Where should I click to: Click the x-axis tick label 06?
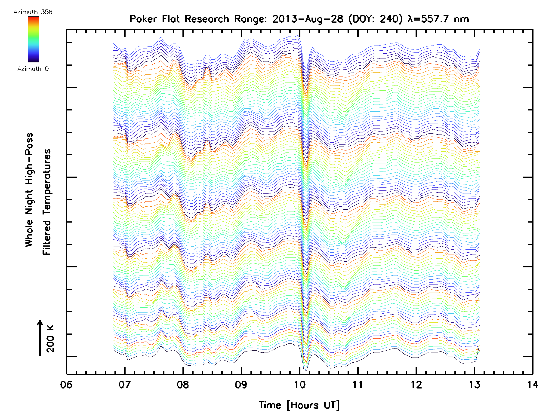66,384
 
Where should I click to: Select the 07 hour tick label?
124,384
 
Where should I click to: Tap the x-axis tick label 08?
183,384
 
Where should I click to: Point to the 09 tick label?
241,384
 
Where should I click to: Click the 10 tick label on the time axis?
299,384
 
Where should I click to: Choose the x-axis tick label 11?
358,384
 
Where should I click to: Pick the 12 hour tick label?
416,384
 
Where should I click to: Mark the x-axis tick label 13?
474,384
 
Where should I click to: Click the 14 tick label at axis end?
532,384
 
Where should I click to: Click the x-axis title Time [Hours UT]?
299,405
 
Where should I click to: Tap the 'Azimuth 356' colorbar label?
33,12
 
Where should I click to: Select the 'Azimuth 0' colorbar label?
33,69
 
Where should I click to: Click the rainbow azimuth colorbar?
33,39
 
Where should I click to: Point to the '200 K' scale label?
50,339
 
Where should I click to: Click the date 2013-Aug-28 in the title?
308,19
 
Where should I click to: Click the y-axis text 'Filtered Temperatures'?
47,202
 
